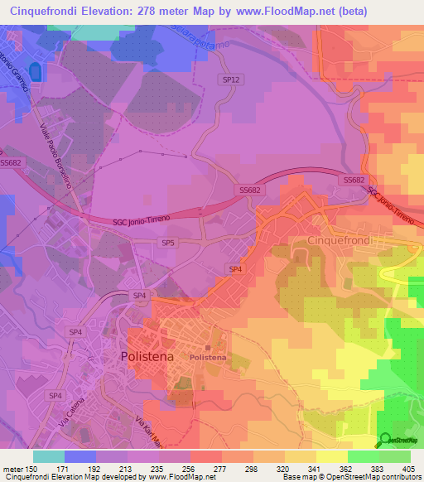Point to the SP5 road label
pyautogui.click(x=168, y=243)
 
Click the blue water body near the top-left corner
pyautogui.click(x=34, y=73)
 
